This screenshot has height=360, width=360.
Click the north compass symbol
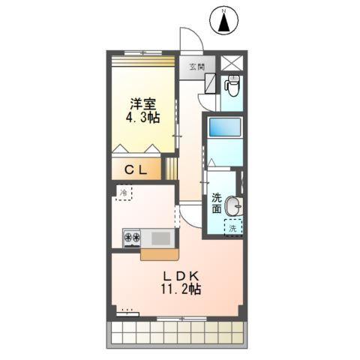pos(223,21)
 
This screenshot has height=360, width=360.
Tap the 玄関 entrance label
pos(196,67)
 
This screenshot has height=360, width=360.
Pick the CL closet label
pos(136,170)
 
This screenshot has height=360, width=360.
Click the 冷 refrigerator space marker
pos(123,193)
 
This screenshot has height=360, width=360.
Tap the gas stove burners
pos(133,238)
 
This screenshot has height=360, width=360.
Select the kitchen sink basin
pos(160,238)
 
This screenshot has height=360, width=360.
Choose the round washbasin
pos(234,204)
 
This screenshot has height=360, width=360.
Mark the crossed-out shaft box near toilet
pos(232,64)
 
